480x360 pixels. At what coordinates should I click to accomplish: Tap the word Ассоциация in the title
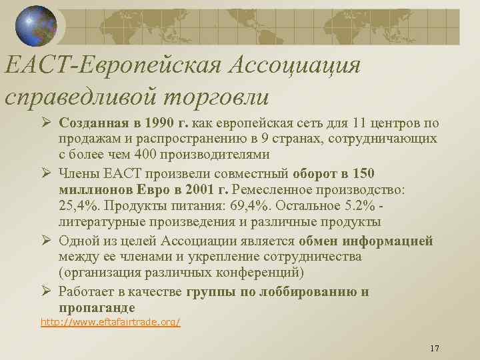294,66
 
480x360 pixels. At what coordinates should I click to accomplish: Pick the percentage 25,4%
77,205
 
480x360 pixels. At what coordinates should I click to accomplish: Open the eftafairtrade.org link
110,322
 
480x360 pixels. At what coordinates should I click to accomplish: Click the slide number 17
435,349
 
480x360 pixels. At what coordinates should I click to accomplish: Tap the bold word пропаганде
97,307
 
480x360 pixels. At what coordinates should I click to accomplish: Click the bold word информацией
390,241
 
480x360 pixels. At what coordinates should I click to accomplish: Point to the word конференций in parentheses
263,273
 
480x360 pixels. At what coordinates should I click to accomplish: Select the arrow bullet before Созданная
47,124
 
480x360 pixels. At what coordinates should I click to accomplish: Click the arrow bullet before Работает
47,291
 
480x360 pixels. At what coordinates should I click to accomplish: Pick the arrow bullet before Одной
47,241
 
